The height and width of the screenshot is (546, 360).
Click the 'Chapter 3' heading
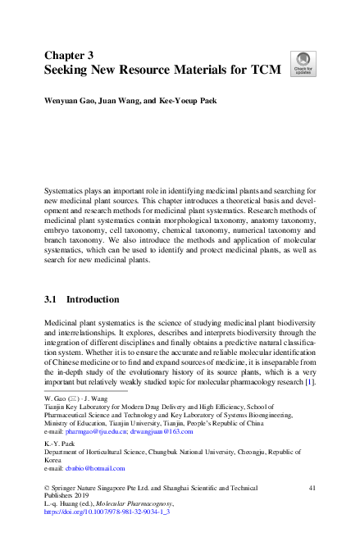(x=71, y=55)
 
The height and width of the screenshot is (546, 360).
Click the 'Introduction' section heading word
(x=93, y=300)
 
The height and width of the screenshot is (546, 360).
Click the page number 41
(x=312, y=488)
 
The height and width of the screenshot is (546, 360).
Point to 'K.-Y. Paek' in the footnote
(x=59, y=444)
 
